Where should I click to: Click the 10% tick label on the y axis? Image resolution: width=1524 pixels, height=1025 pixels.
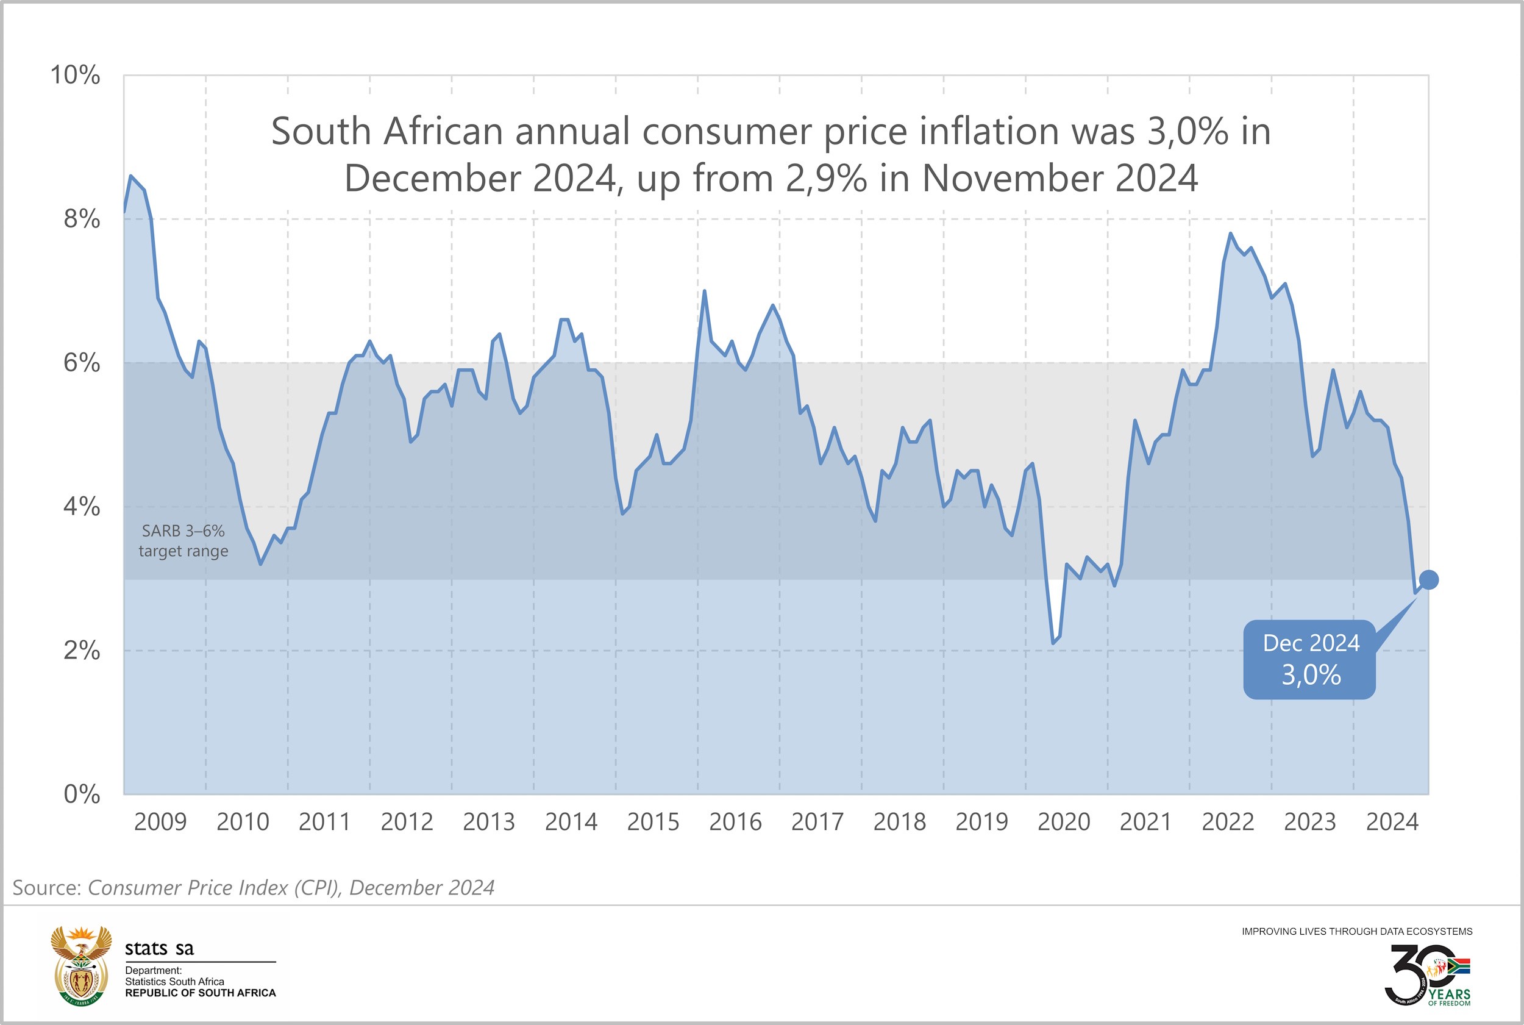tap(75, 75)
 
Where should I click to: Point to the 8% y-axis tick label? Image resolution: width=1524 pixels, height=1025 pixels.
tap(82, 219)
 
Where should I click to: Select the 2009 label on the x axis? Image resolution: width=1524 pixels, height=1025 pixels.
tap(160, 822)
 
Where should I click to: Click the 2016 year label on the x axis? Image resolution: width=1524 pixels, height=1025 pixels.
tap(735, 822)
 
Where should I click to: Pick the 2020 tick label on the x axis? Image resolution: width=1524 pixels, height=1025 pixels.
tap(1064, 822)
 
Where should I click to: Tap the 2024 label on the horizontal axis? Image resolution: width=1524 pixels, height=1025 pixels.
tap(1392, 822)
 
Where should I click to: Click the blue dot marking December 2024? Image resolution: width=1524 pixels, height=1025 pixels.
tap(1428, 580)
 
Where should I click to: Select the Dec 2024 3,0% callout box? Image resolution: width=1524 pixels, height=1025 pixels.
tap(1310, 660)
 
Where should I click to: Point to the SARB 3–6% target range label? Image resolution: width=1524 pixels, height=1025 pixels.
tap(183, 541)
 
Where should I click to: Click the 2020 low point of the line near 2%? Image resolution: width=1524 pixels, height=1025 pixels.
tap(1053, 643)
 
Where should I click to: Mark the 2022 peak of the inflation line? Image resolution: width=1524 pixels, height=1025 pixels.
tap(1231, 234)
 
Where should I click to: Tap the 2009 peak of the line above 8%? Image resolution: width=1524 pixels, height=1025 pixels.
tap(130, 176)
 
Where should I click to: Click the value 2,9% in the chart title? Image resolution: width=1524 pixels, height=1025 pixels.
tap(826, 179)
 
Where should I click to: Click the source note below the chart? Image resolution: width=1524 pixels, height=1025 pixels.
tap(254, 888)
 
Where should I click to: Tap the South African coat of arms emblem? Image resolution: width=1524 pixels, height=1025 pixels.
tap(81, 965)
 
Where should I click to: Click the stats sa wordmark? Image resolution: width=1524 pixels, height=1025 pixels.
tap(160, 949)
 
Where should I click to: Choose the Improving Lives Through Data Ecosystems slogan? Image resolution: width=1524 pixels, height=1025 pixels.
tap(1357, 932)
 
